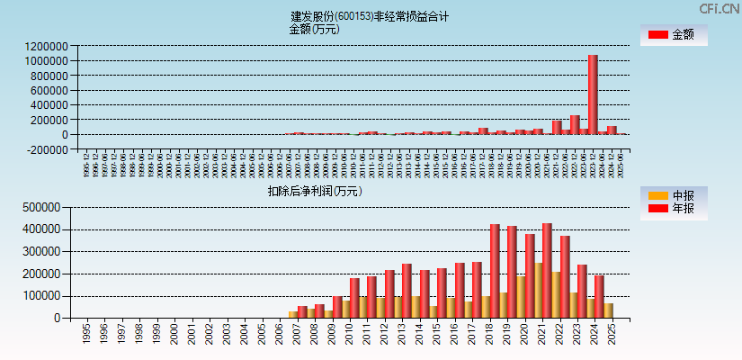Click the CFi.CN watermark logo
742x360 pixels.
[x=719, y=9]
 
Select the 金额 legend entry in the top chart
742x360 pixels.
[x=673, y=35]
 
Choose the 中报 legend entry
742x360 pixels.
[x=673, y=195]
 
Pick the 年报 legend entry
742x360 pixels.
[x=673, y=209]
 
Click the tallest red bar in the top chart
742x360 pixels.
[x=593, y=94]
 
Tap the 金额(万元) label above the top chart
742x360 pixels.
[x=314, y=29]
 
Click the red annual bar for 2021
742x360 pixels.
[x=547, y=270]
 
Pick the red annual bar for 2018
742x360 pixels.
[x=495, y=270]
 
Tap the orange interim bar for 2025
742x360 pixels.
[x=608, y=310]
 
